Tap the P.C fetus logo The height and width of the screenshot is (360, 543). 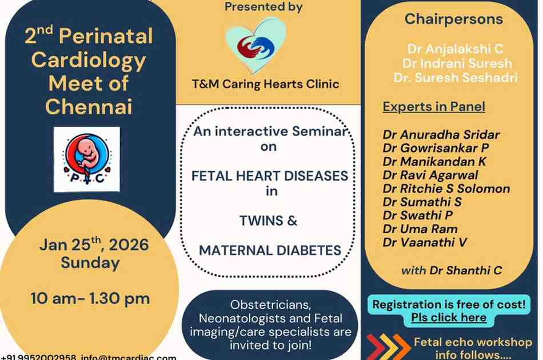(87, 159)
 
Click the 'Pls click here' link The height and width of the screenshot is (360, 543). (449, 318)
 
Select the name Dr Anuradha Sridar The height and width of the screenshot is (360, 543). (441, 135)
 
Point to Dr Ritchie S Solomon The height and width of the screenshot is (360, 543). (446, 189)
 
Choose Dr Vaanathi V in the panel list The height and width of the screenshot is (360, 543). (425, 242)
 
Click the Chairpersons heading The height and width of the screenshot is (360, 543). (454, 19)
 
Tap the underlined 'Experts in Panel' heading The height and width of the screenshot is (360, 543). (434, 106)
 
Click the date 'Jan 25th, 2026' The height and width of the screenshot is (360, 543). (94, 245)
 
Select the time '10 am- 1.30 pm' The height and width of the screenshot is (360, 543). (90, 298)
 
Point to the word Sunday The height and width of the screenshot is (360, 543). (90, 263)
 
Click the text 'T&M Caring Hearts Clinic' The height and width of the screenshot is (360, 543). (266, 84)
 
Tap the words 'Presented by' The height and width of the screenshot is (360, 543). (263, 7)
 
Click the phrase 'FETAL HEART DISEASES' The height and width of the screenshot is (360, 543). (270, 175)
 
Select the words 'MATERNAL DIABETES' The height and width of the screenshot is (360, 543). (270, 250)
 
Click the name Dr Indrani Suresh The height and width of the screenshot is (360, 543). (457, 63)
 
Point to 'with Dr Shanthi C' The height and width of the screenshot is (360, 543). (452, 270)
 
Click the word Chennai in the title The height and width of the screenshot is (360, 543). (89, 106)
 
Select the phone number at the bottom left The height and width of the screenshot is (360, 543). (39, 357)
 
